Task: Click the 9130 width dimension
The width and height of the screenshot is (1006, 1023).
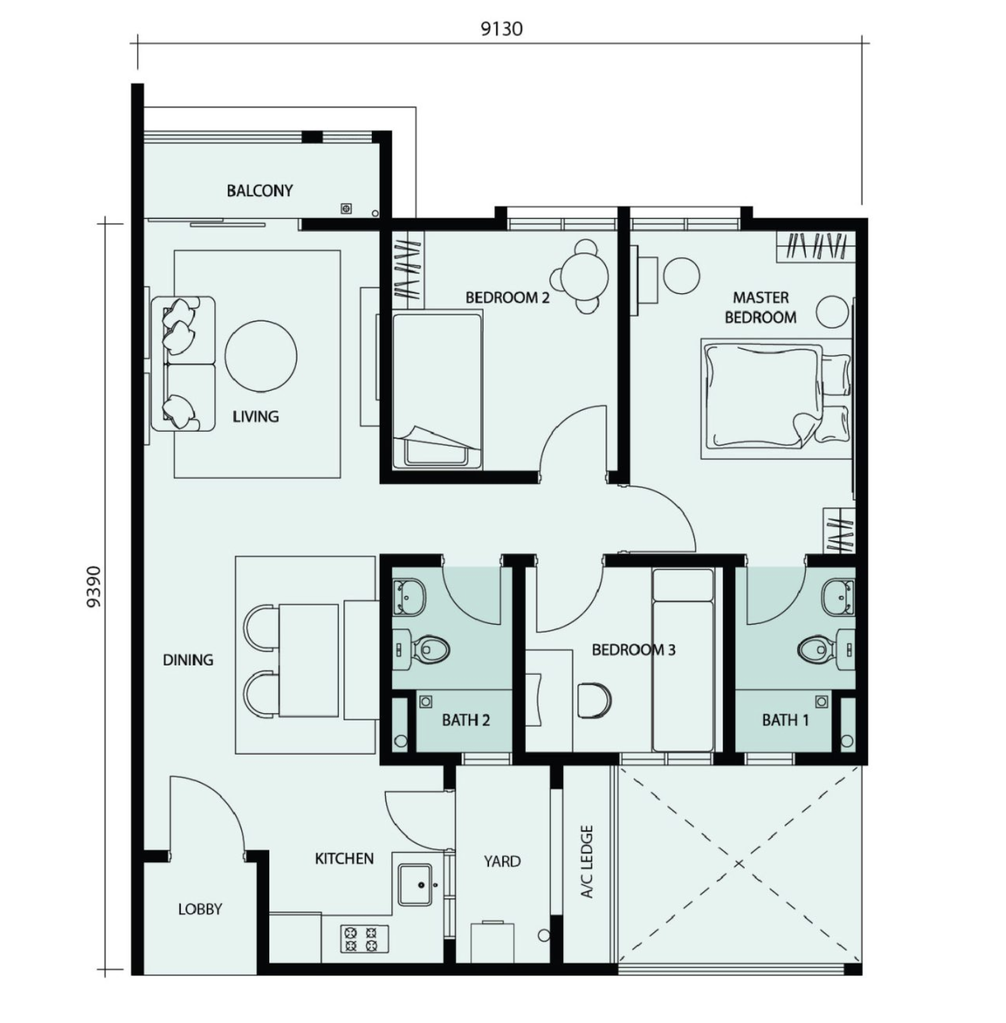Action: [x=501, y=29]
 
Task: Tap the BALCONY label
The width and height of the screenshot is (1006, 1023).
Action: [x=260, y=191]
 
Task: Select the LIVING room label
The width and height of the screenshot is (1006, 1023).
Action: [x=256, y=416]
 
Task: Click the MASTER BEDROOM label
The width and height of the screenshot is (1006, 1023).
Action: [x=761, y=307]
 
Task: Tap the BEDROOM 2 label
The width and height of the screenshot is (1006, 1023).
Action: [x=508, y=297]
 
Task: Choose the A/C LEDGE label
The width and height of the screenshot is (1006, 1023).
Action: [x=587, y=861]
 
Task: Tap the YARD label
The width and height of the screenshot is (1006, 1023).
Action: [x=502, y=862]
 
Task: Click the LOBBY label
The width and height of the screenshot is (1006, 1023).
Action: [x=200, y=909]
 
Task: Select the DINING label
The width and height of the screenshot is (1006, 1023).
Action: [x=188, y=660]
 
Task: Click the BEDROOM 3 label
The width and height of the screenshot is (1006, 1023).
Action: [x=634, y=649]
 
